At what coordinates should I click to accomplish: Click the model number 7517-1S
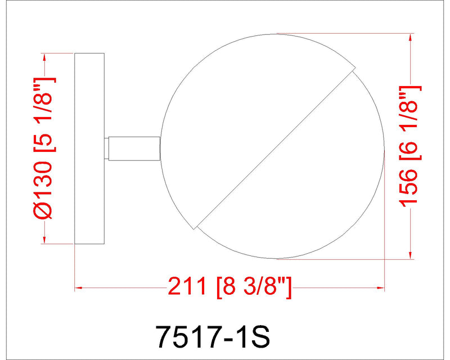pos(213,336)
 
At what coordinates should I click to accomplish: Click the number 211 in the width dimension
pos(187,286)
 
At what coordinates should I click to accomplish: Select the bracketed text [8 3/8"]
pos(255,287)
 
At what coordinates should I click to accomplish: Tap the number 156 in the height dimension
pos(408,187)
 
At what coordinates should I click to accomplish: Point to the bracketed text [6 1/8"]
pos(411,123)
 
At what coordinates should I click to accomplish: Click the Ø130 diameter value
pos(43,190)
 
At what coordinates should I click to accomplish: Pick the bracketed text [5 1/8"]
pos(44,115)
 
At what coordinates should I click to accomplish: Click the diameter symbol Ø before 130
pos(43,210)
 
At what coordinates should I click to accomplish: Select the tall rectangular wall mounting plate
pos(89,148)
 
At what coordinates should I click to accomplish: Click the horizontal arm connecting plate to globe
pos(134,148)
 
